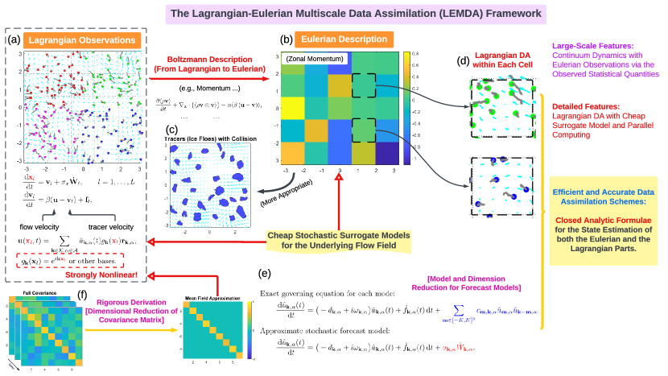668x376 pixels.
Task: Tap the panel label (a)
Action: click(x=14, y=39)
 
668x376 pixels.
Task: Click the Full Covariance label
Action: click(x=38, y=292)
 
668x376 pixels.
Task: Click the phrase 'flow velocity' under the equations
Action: click(x=34, y=225)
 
